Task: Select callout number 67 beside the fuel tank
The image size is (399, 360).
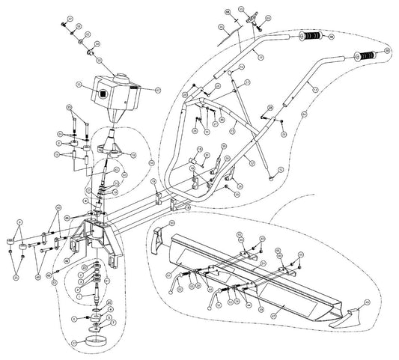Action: (157, 91)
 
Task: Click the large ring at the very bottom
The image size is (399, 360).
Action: (95, 341)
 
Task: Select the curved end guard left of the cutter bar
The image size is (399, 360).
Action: (160, 238)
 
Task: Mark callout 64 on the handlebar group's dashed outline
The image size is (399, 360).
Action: (305, 114)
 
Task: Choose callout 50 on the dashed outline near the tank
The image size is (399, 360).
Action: (151, 162)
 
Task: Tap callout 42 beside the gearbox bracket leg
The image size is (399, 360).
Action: (67, 260)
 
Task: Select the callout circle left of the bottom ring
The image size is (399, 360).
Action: (73, 341)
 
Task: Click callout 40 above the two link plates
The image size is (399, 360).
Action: (58, 207)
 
